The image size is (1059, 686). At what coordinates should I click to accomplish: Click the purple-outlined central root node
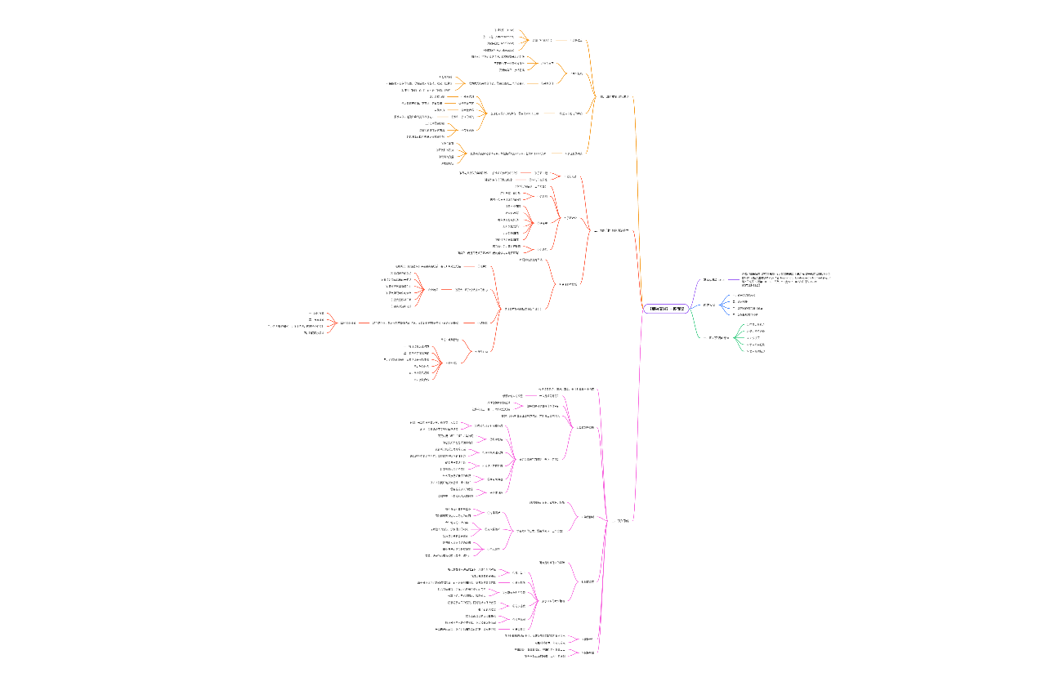tap(667, 309)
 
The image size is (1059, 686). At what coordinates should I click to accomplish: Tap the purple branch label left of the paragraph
tap(713, 279)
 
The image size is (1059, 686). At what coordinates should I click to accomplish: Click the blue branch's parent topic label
tap(709, 305)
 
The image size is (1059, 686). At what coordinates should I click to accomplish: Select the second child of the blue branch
tap(743, 301)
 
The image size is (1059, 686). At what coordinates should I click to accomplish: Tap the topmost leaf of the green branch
tap(754, 324)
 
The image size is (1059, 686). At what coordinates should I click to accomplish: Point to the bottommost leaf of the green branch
tap(754, 351)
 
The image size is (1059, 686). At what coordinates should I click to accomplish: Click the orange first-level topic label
tap(614, 96)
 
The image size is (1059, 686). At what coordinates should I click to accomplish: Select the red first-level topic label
tap(614, 231)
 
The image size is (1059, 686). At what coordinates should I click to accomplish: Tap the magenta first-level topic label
tap(623, 520)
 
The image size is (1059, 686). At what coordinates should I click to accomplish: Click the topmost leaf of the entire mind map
tap(510, 29)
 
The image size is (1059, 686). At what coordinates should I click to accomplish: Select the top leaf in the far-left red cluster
tap(318, 314)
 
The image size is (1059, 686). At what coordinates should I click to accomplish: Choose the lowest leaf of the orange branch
tap(447, 163)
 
